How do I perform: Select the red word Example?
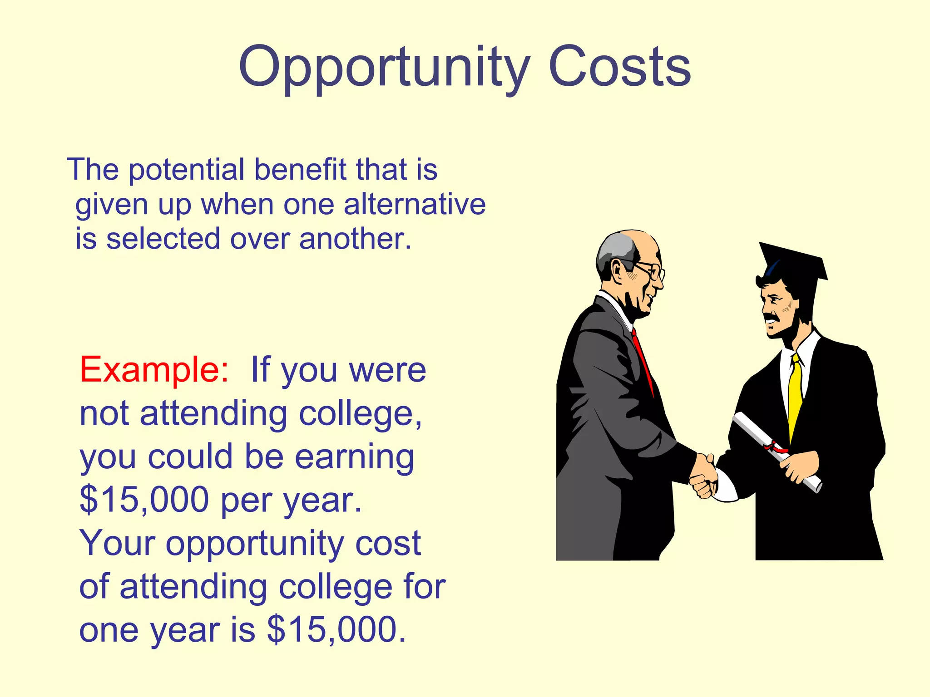[153, 370]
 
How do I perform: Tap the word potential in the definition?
[187, 171]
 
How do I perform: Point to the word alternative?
[415, 204]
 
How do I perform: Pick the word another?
[355, 239]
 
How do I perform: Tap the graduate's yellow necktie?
[795, 395]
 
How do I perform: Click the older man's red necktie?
[642, 358]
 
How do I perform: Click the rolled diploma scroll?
[772, 449]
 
